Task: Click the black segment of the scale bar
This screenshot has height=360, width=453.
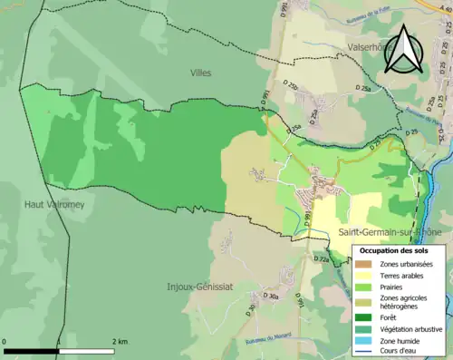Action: pyautogui.click(x=32, y=350)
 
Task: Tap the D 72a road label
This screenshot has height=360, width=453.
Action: pyautogui.click(x=323, y=258)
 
